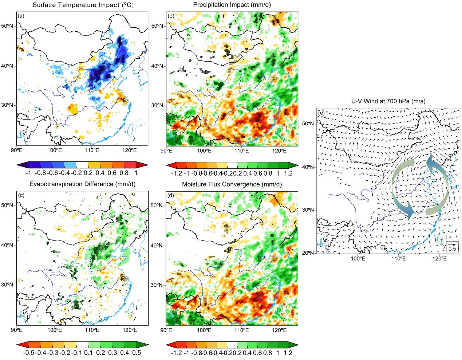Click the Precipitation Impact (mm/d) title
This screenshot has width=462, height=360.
(x=232, y=5)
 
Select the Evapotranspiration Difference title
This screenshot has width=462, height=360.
(x=82, y=184)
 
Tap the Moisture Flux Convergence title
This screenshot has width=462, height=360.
(x=232, y=184)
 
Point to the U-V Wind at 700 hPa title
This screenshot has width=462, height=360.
(x=388, y=101)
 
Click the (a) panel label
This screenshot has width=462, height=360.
(x=21, y=16)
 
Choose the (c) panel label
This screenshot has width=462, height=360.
(x=21, y=195)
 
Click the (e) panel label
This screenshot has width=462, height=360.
(x=321, y=113)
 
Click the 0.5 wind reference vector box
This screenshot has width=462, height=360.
(x=452, y=247)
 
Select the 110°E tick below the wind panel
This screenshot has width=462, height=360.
(x=399, y=259)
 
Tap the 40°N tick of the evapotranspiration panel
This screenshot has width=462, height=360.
(x=8, y=245)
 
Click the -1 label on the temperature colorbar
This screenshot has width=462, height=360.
(x=28, y=173)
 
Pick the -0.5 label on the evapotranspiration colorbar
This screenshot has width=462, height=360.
(x=28, y=352)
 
